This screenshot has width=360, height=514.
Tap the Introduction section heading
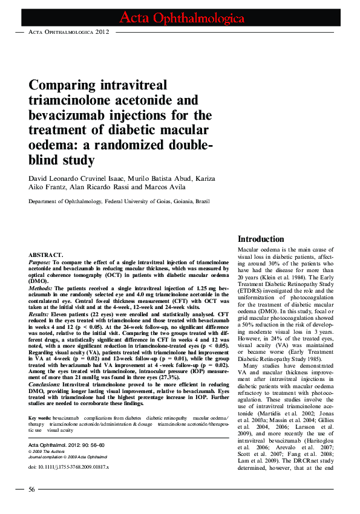(261, 239)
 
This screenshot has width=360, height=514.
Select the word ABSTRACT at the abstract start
(46, 256)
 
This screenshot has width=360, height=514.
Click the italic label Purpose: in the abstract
(41, 263)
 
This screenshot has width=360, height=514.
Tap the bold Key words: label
(39, 418)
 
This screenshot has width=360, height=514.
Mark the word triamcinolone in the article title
(70, 100)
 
